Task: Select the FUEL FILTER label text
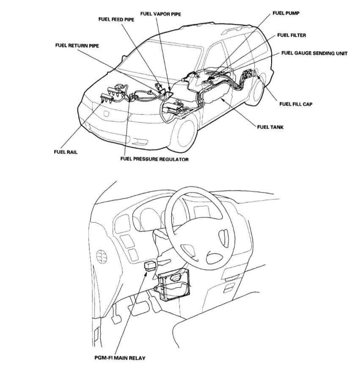click(292, 36)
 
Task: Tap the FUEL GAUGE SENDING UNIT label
click(314, 54)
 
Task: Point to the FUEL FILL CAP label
click(296, 104)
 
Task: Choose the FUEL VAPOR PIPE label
click(161, 14)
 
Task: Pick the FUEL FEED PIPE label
click(116, 19)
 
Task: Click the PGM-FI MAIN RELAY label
click(120, 358)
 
